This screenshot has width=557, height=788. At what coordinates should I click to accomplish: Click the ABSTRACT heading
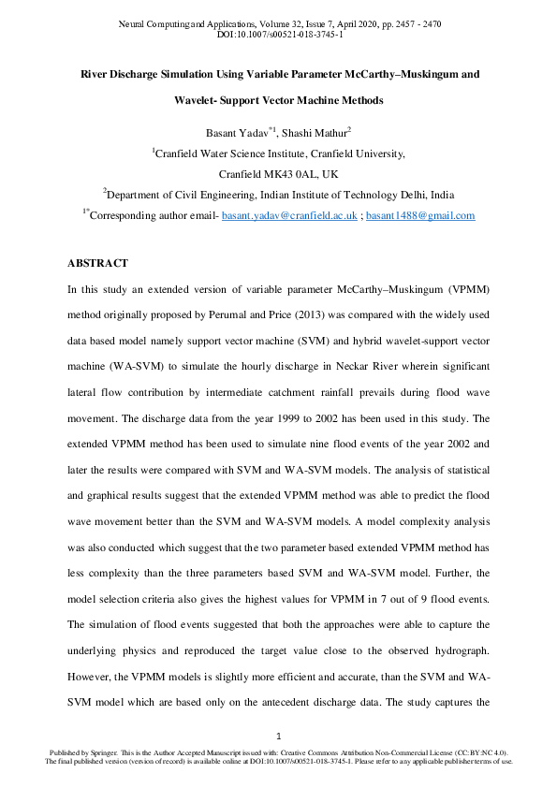tap(97, 264)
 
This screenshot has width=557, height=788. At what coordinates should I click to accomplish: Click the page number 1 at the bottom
tap(278, 736)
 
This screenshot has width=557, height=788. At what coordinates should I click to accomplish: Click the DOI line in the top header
tap(279, 34)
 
